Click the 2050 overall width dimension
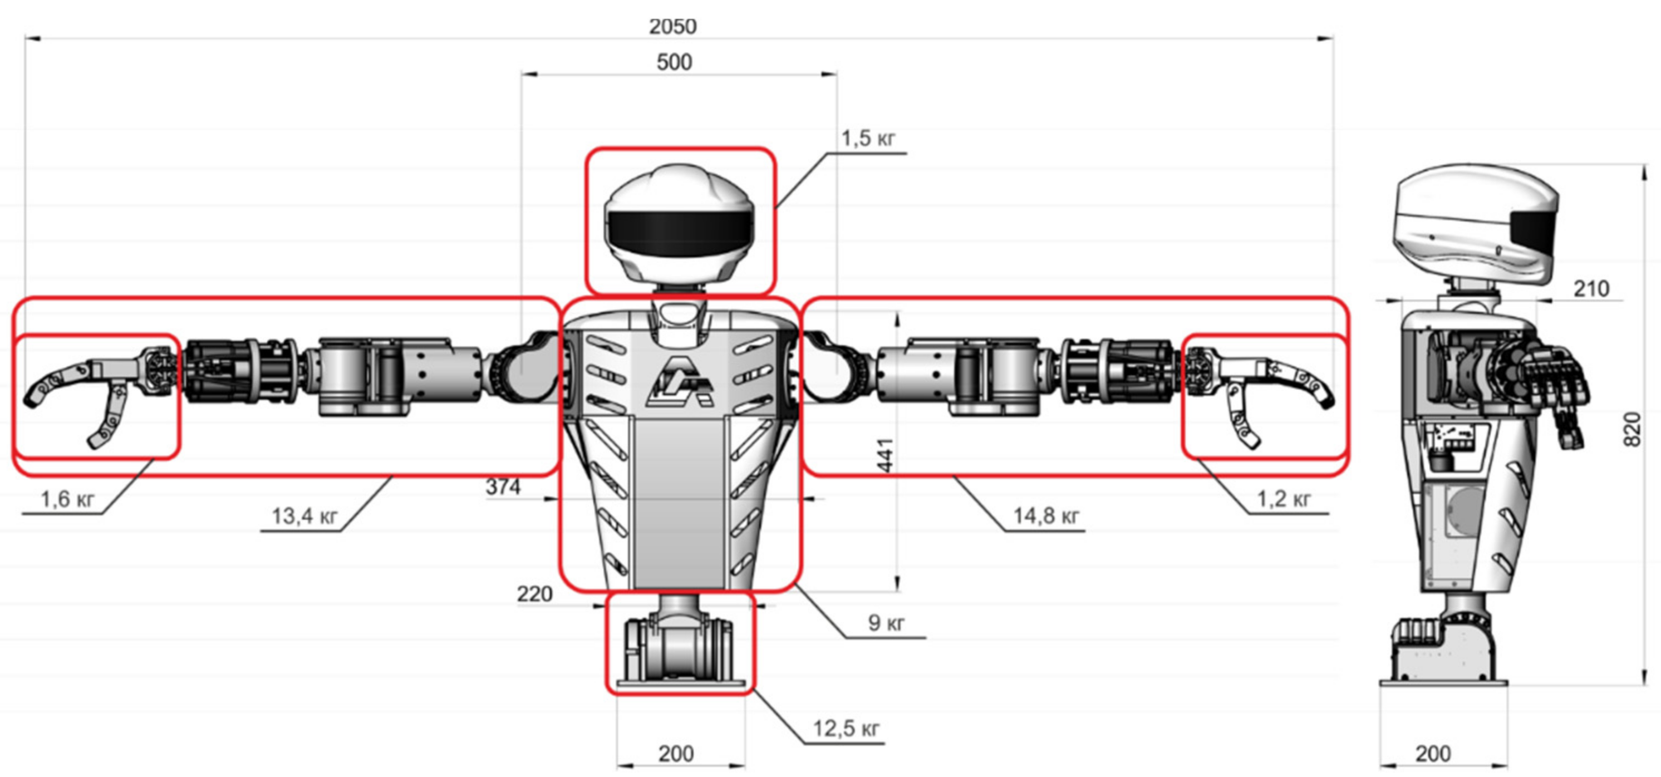[672, 26]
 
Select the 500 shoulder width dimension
[674, 62]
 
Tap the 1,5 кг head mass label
[868, 139]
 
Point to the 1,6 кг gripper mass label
[67, 499]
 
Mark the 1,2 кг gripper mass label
[1283, 499]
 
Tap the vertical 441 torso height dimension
[886, 455]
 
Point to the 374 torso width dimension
[503, 487]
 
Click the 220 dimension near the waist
[534, 594]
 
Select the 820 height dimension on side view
[1631, 429]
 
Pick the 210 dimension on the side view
[1591, 289]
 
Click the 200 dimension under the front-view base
[676, 753]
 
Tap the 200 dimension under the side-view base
[1433, 753]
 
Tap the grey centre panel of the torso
[680, 503]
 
